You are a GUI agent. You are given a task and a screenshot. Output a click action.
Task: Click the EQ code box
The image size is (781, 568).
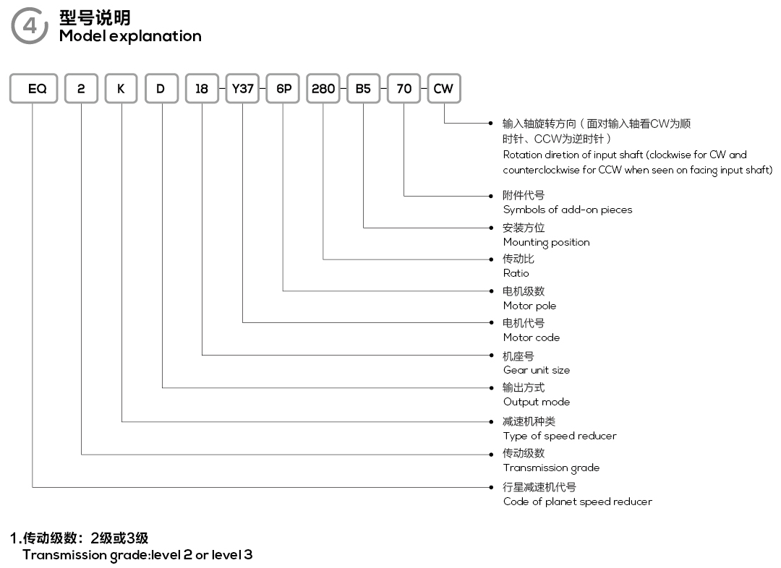(x=34, y=89)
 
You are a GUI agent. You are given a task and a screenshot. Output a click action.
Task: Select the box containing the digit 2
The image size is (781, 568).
(x=81, y=89)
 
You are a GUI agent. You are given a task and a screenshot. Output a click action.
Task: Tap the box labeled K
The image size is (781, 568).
(x=121, y=89)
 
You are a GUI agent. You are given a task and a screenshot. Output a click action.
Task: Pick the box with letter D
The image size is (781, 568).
(x=161, y=89)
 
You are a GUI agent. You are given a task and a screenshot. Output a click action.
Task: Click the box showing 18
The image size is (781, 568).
(x=202, y=89)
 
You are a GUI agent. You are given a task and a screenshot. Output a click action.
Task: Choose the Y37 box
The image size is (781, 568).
(x=242, y=89)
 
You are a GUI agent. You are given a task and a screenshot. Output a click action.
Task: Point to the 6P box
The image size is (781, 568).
(x=283, y=89)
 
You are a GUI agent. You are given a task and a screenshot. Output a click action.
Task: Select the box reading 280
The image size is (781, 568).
(x=323, y=89)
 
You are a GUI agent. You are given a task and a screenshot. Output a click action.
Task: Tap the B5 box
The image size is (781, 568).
(x=364, y=89)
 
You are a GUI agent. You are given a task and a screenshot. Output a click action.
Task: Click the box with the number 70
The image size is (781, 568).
(x=404, y=89)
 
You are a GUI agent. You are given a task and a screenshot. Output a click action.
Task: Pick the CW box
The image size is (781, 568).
(x=444, y=89)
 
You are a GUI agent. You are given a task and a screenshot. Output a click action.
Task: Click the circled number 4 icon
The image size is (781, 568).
(x=30, y=25)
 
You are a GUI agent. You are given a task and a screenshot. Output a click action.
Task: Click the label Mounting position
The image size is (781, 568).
(x=547, y=242)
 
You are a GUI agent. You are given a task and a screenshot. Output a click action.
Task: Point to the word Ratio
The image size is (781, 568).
(x=516, y=273)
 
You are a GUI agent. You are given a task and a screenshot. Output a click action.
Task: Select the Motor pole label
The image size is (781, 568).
(x=529, y=306)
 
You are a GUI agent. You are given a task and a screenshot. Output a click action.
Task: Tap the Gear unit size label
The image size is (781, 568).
(x=537, y=370)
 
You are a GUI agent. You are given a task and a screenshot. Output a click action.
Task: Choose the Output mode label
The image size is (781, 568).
(x=537, y=402)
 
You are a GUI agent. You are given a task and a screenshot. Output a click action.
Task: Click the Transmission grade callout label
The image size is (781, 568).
(x=551, y=468)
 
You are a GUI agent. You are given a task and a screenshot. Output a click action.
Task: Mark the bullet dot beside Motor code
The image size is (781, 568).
(x=491, y=322)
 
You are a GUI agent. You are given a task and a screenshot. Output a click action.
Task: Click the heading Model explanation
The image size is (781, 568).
(x=130, y=36)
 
